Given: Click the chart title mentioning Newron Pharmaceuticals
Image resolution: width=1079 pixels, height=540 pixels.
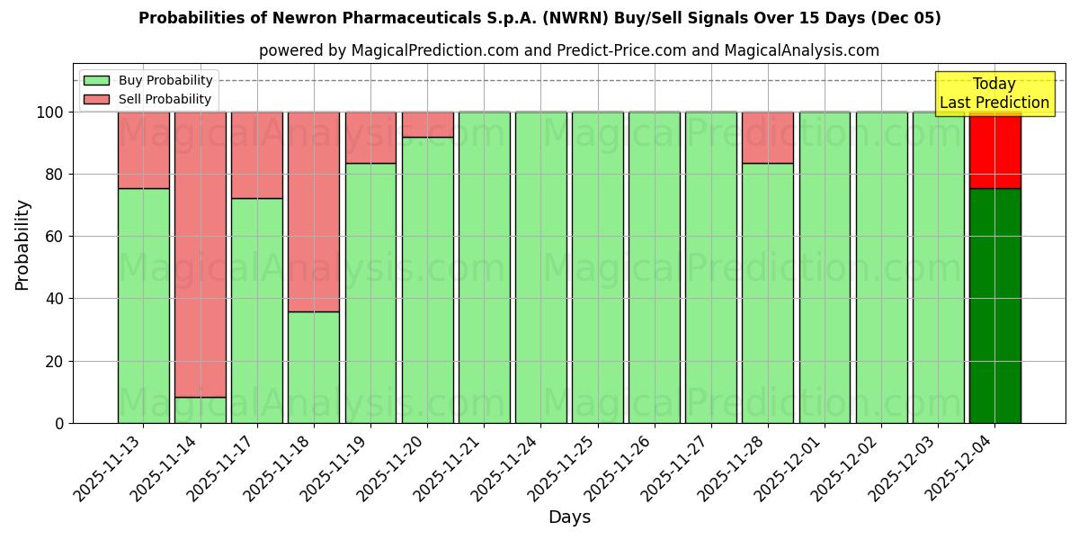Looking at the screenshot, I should click(x=539, y=18).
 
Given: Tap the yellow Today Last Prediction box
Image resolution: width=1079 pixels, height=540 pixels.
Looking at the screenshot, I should click(x=994, y=94).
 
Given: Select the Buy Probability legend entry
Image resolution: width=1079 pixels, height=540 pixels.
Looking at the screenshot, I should click(x=148, y=80).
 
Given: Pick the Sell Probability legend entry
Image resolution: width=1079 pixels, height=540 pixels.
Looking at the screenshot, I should click(x=148, y=99).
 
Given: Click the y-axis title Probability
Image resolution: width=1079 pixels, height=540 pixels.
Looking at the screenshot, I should click(x=22, y=245).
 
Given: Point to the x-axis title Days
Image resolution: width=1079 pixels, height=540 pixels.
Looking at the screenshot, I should click(x=569, y=517).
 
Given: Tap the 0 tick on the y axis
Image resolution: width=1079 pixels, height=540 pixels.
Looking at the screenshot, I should click(x=59, y=423).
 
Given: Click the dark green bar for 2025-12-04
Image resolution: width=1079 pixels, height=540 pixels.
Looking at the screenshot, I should click(x=994, y=306).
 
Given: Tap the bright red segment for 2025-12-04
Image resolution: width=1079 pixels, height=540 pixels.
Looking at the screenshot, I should click(x=994, y=150).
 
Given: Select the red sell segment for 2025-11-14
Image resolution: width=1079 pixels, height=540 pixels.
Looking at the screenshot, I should click(x=200, y=252).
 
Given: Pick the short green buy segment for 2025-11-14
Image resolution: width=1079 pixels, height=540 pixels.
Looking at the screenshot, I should click(x=200, y=410).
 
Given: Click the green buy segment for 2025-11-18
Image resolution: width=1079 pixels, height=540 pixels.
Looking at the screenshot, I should click(x=314, y=367).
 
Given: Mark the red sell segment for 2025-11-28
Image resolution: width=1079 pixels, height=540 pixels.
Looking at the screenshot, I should click(x=768, y=138).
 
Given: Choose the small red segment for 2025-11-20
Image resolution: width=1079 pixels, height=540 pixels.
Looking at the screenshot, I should click(x=427, y=124).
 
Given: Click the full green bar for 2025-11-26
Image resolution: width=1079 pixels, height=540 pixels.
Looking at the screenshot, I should click(x=654, y=267).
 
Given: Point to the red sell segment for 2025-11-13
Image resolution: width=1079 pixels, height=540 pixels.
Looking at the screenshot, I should click(x=143, y=150).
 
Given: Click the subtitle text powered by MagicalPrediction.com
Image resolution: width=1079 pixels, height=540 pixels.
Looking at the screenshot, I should click(x=569, y=50).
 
